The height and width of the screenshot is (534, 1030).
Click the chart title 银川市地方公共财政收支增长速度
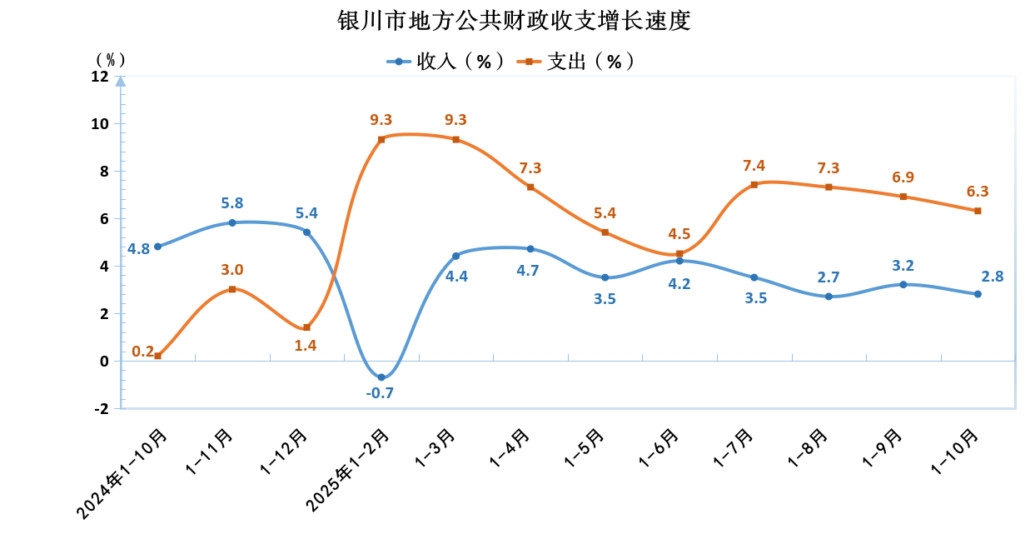(x=514, y=21)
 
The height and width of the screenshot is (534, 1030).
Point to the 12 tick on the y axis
(x=100, y=77)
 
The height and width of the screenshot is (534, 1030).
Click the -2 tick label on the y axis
(x=100, y=409)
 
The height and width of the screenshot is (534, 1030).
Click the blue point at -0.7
(x=381, y=377)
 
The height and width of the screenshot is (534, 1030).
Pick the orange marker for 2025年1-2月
(x=381, y=139)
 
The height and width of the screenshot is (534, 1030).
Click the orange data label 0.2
(x=142, y=352)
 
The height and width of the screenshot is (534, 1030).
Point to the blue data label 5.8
(x=232, y=202)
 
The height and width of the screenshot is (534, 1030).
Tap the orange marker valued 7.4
(x=754, y=185)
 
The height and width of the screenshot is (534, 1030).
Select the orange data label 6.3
(x=978, y=192)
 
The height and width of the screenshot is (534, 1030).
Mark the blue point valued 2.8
(x=978, y=294)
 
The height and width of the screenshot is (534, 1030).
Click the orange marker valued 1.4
(x=306, y=327)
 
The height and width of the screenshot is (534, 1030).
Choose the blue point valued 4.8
(x=158, y=247)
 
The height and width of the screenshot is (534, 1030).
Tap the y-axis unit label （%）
(x=110, y=59)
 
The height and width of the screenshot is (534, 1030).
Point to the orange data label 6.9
(x=903, y=177)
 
